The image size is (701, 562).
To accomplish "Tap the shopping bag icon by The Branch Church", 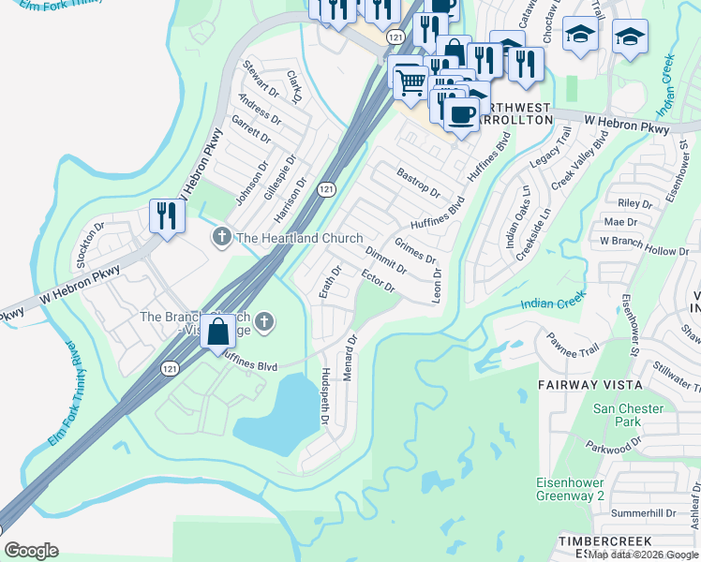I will click(x=217, y=332).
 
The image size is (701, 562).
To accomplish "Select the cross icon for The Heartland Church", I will click(x=221, y=237).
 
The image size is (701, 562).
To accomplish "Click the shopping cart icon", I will click(x=410, y=81).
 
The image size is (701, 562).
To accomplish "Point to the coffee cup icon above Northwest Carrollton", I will click(x=459, y=114).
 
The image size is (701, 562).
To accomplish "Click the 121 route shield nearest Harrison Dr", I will click(x=325, y=188).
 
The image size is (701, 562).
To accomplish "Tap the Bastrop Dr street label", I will click(x=418, y=182).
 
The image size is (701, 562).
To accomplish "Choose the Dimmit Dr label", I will click(x=385, y=259).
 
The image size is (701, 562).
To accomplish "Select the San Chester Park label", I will click(x=629, y=416).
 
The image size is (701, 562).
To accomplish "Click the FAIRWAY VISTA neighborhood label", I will click(x=590, y=385).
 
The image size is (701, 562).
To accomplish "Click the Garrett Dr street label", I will click(x=251, y=140).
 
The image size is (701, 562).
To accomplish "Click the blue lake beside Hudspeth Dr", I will click(x=276, y=416).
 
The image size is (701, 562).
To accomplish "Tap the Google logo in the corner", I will click(x=31, y=551).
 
